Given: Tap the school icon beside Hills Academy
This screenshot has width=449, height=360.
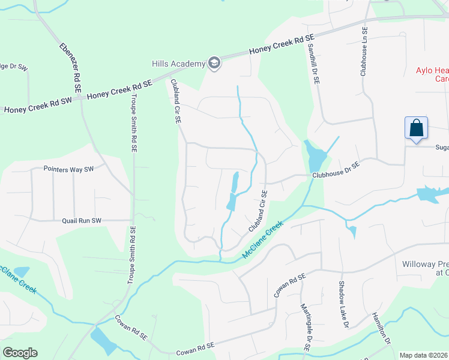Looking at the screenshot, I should (214, 63).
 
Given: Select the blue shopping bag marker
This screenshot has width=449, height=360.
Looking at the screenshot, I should (416, 128).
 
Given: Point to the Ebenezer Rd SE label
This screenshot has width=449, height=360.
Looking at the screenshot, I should (70, 67).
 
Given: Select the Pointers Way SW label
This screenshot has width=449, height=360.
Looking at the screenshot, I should (70, 169).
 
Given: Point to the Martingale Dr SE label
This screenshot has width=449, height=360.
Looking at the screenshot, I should (306, 325).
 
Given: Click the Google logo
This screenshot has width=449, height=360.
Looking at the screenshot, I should (20, 352).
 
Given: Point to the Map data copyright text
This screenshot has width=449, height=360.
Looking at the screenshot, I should (424, 355).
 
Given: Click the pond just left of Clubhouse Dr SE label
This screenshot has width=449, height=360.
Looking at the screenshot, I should (315, 157).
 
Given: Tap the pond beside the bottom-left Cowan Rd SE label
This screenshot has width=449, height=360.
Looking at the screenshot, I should (104, 341).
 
